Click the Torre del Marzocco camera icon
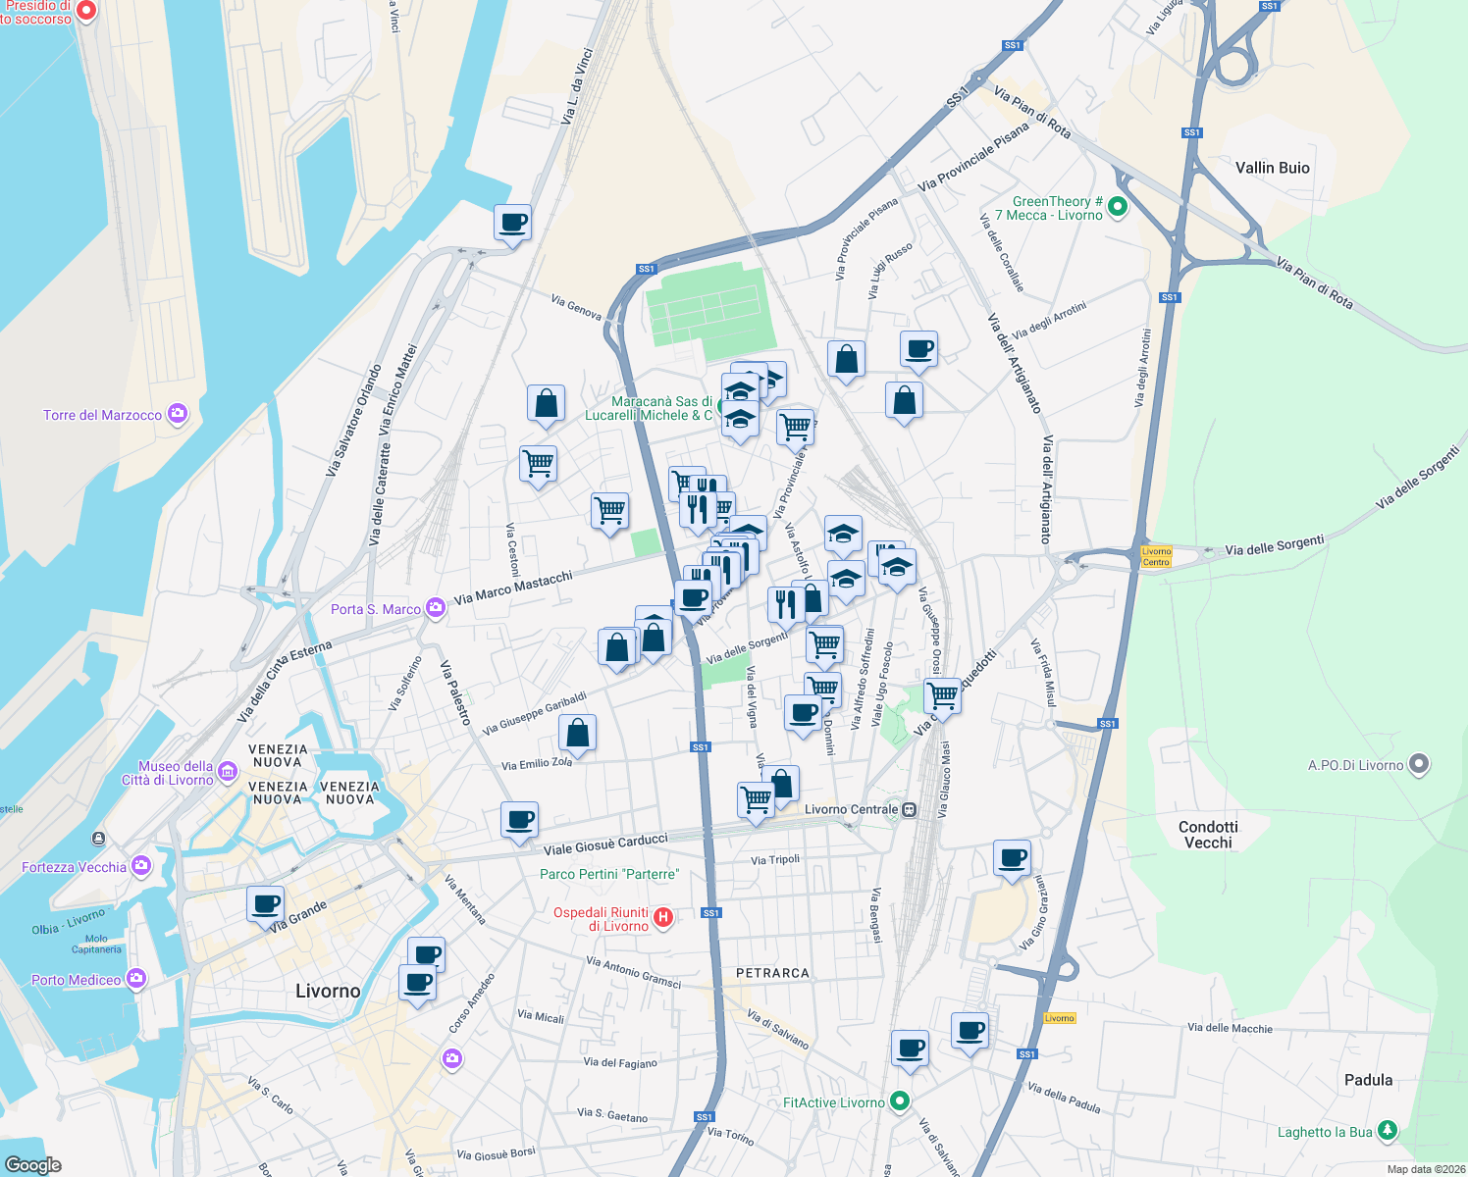(x=178, y=414)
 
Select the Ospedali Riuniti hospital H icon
(x=663, y=918)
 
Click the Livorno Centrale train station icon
(x=910, y=809)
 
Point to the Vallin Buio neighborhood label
(x=1272, y=168)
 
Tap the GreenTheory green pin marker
(x=1118, y=207)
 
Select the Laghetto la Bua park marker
(x=1387, y=1131)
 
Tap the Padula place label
(x=1368, y=1080)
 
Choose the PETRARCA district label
(x=772, y=973)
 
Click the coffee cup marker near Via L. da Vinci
(x=512, y=224)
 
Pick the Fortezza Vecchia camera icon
(x=141, y=865)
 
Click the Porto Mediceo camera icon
(x=136, y=978)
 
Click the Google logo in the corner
(x=32, y=1164)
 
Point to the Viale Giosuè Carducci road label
(x=605, y=844)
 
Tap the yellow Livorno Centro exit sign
(x=1156, y=556)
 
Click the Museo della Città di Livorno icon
(x=228, y=772)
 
